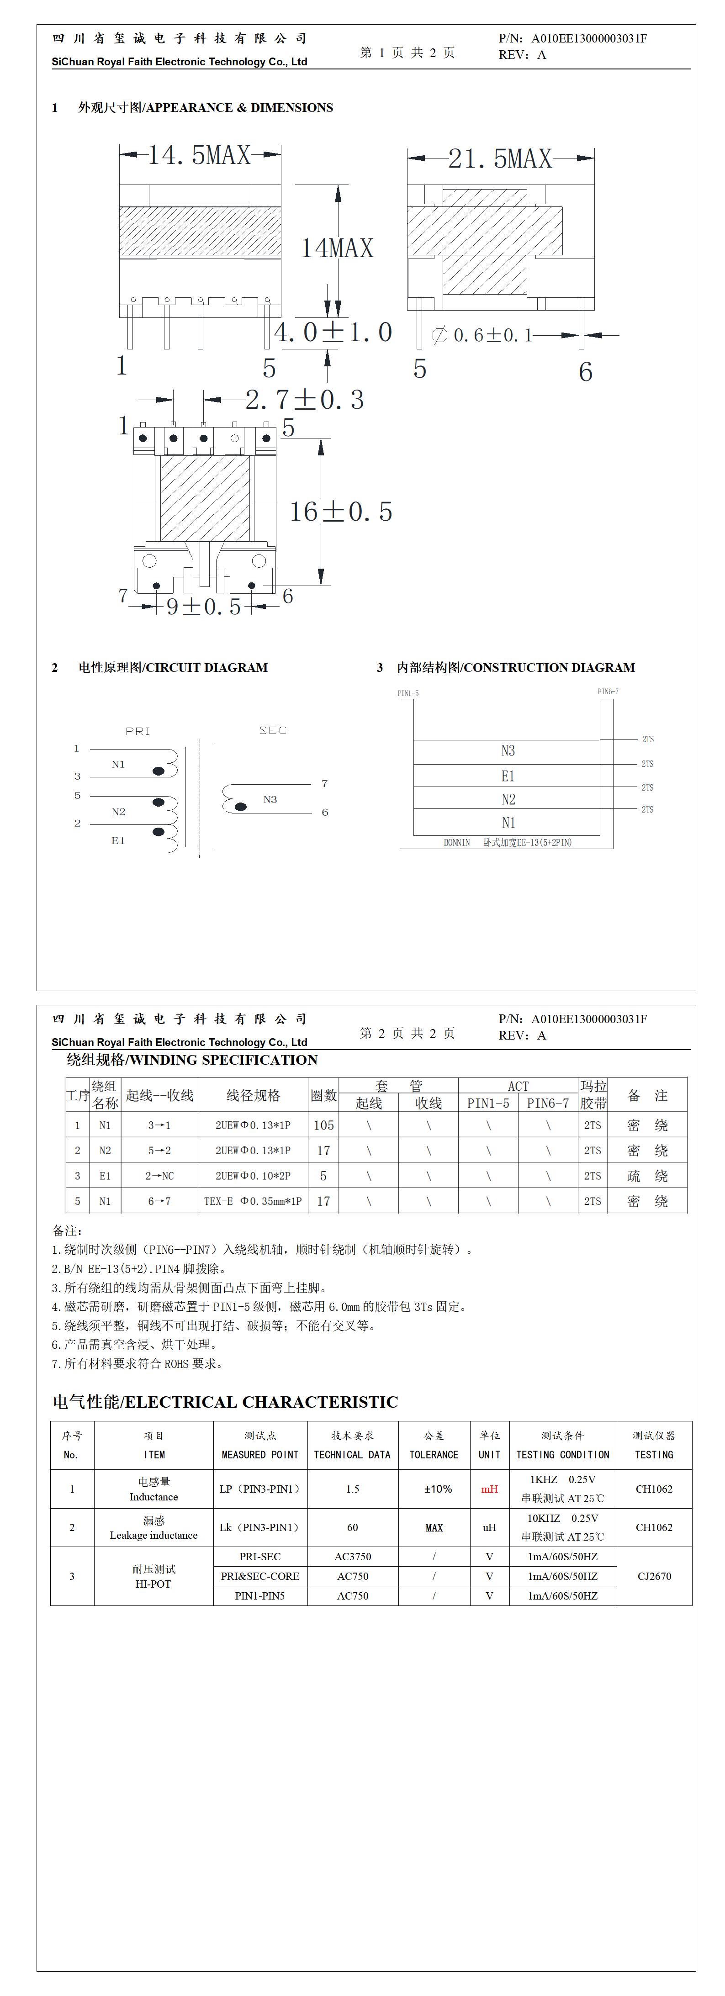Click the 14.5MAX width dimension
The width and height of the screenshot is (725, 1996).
tap(199, 155)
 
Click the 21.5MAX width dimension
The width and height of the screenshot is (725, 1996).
tap(500, 159)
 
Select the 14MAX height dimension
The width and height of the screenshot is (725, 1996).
tap(337, 248)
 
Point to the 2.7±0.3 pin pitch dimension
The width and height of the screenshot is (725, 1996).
tap(305, 400)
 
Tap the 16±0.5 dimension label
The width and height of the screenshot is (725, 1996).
tap(341, 512)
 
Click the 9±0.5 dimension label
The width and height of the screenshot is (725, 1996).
tap(204, 607)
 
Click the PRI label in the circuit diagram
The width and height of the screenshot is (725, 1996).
tap(138, 731)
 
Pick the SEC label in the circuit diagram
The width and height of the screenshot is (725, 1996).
tap(273, 730)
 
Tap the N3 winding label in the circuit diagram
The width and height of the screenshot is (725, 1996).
tap(270, 799)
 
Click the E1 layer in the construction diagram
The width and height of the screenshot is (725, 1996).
tap(508, 776)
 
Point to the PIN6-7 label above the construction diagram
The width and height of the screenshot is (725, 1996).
tap(608, 691)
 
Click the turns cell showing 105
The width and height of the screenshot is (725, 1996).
tap(323, 1125)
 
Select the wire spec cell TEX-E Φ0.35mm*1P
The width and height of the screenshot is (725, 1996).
tap(253, 1201)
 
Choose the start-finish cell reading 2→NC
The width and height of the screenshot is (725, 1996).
tap(160, 1175)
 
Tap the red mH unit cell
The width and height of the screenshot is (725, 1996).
tap(489, 1489)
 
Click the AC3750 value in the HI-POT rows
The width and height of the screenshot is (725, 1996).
tap(353, 1556)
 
